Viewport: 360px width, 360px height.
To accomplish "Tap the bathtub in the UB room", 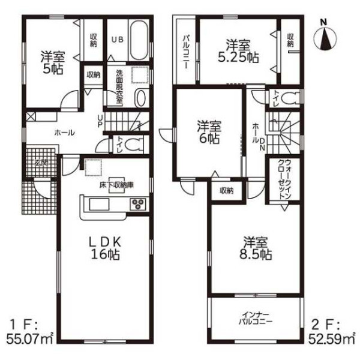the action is [139, 41].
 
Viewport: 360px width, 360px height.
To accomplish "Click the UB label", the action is [118, 39].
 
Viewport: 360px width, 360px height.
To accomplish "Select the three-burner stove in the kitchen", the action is [138, 204].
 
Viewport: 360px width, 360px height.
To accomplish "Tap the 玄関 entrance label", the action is [41, 163].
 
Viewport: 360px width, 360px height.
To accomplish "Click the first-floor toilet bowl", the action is [133, 145].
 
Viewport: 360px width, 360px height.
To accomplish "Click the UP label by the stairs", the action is [100, 121].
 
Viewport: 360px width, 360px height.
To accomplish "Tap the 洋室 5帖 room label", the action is [53, 63].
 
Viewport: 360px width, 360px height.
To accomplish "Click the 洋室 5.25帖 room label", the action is [238, 52].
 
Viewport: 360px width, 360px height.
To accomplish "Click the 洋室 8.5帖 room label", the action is [256, 248].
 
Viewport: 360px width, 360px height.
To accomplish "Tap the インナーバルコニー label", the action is [256, 319].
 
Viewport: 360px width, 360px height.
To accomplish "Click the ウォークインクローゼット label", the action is [284, 179].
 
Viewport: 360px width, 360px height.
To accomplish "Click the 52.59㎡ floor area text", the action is [332, 339].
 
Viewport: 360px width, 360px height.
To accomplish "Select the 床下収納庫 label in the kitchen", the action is [116, 185].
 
